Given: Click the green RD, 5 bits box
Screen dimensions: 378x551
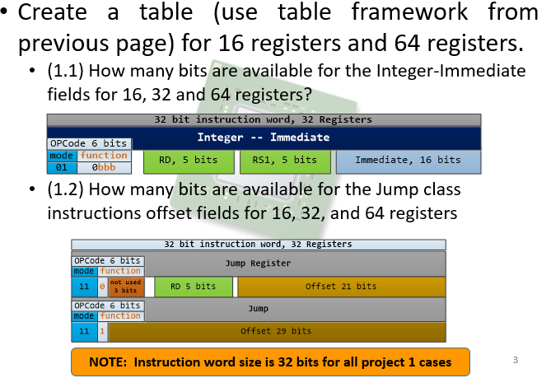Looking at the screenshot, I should pos(189,161).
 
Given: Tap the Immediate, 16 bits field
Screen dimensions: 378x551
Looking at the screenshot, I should pos(408,161).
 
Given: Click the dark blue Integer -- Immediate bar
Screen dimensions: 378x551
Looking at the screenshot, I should pos(263,137).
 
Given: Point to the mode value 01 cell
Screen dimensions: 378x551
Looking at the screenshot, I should pos(62,167).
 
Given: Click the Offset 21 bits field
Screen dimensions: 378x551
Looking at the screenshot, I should pos(340,287).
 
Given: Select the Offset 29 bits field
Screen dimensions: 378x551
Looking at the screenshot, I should pos(276,331).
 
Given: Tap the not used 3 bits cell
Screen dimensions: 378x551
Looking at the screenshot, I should pos(124,287).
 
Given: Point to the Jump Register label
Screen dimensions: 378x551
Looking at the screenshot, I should pos(258,264).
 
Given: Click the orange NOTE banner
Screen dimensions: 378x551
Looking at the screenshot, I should pos(271,362).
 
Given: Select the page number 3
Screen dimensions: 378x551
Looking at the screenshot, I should pos(516,360).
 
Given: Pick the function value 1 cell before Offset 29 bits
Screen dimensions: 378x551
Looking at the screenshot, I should pos(102,331).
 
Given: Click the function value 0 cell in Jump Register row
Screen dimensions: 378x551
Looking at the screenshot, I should pos(102,287).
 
